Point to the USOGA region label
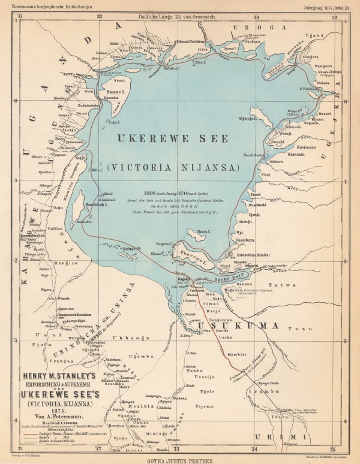(x=255, y=28)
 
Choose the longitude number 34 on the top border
(x=256, y=17)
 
